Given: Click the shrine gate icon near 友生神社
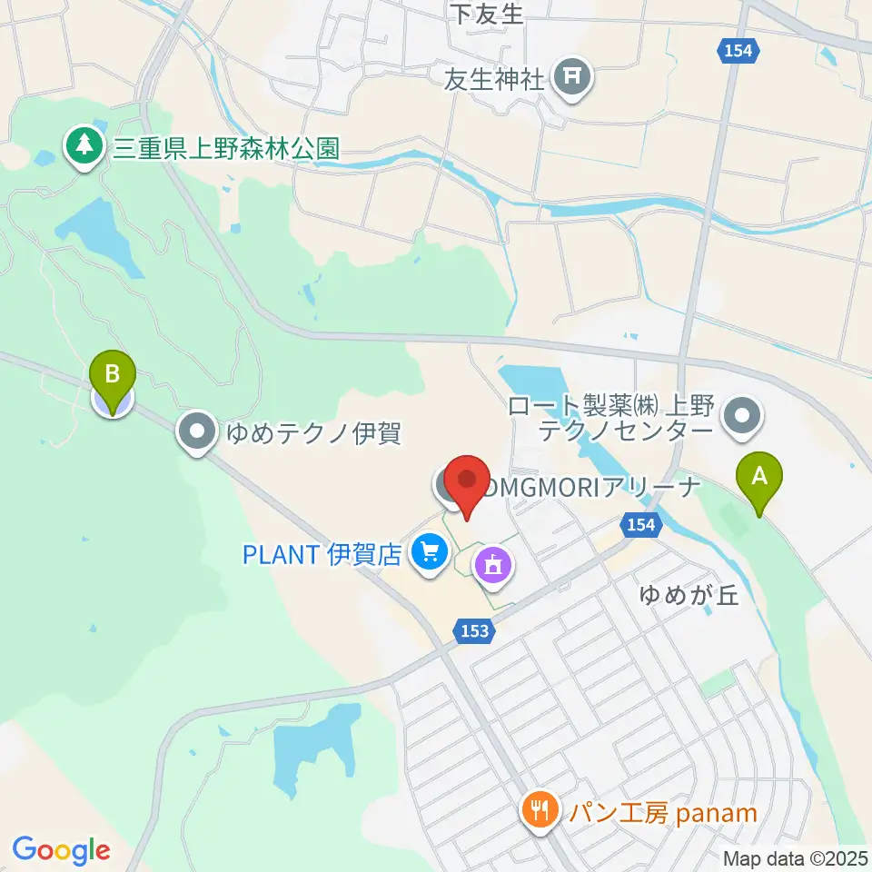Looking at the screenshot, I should tap(572, 78).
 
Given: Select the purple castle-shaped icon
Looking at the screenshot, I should tap(493, 567).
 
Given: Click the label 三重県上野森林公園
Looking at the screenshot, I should tap(226, 149).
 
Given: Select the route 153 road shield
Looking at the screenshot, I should tap(473, 630).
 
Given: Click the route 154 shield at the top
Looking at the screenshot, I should tap(738, 51).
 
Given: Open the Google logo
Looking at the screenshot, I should tap(61, 850).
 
